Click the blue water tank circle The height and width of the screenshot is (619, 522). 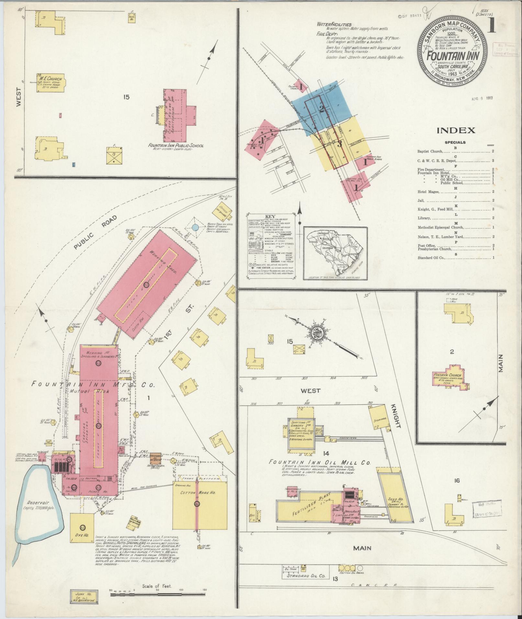tap(195, 227)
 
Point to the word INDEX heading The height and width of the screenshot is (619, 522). tap(456, 130)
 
